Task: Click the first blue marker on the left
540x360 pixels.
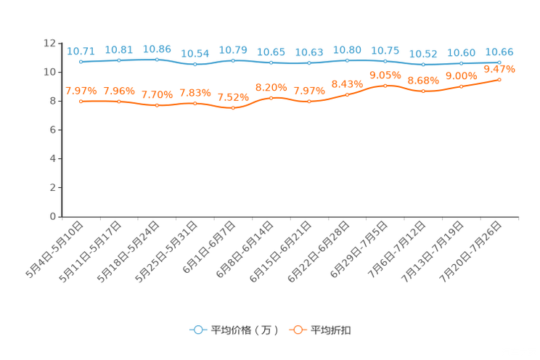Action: coord(81,62)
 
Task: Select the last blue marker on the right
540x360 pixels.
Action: coord(499,62)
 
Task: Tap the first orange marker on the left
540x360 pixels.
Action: coord(81,102)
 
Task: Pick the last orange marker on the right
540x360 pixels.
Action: coord(499,78)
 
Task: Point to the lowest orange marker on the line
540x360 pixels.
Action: coord(233,108)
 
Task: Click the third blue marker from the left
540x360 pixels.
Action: coord(157,60)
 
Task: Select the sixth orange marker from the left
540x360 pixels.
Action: coord(271,97)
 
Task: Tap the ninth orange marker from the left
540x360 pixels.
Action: coord(385,85)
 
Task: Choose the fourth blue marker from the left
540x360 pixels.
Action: coord(195,65)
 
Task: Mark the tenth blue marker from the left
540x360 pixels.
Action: coord(423,65)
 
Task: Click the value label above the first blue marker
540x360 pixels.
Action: coord(81,51)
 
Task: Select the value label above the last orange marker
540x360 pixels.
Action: coord(499,69)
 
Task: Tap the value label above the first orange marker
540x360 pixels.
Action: coord(81,91)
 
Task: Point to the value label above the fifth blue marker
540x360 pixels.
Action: coord(233,49)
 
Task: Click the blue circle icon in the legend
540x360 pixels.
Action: coord(197,330)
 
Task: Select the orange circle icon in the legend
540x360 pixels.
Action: coord(297,330)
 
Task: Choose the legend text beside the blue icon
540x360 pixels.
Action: coord(244,330)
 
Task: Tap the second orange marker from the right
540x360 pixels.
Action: coord(461,86)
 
